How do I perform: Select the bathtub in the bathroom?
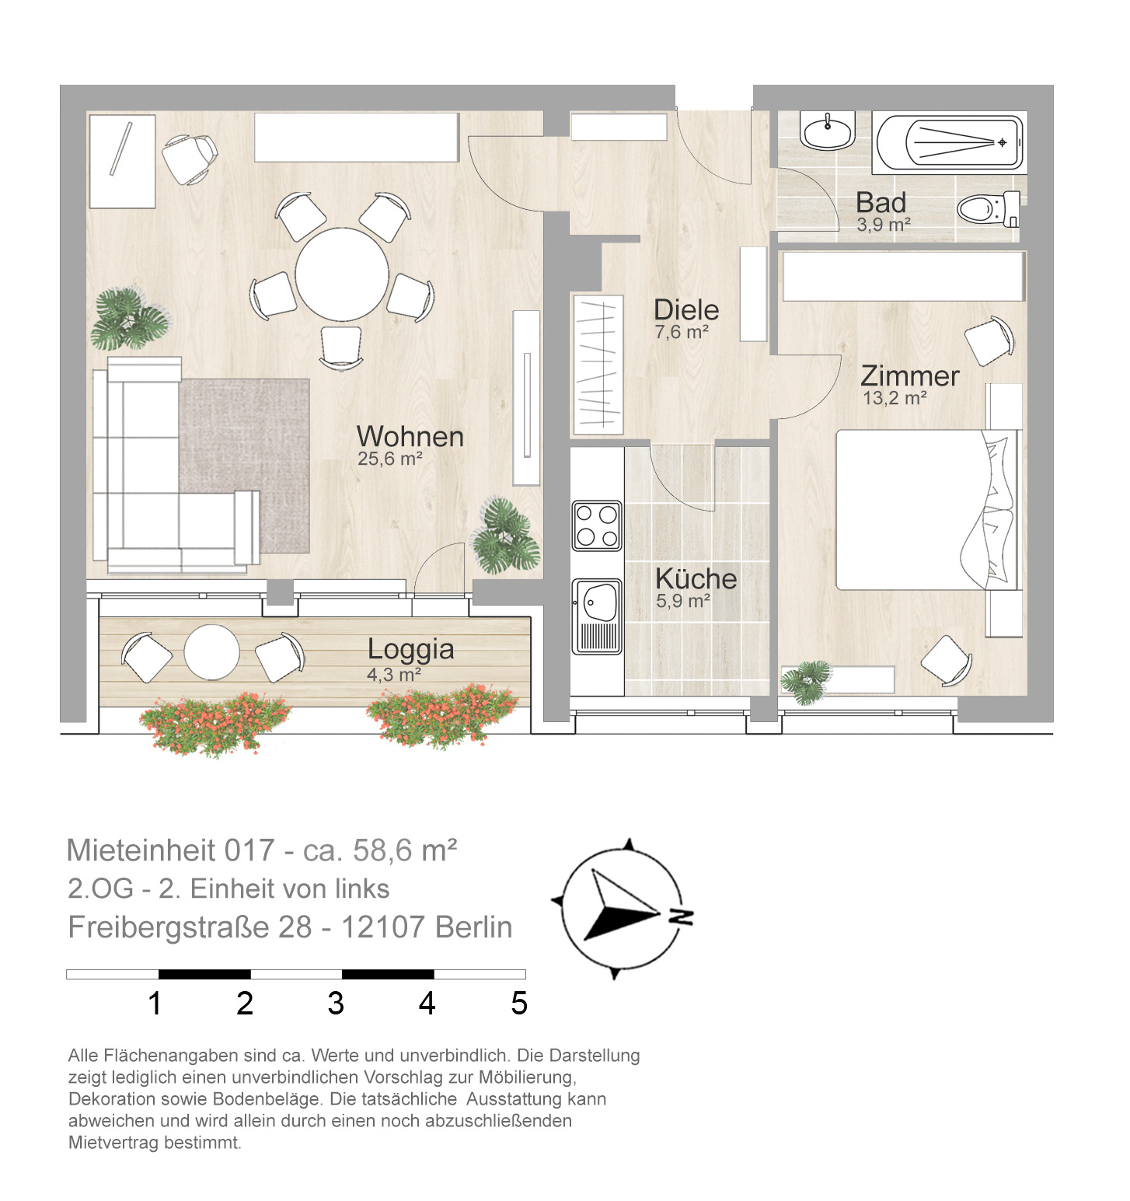click(x=949, y=142)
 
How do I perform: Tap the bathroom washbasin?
click(x=828, y=131)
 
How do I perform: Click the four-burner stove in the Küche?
click(x=597, y=525)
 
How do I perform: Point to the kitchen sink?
click(x=597, y=616)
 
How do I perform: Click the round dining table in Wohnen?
click(x=342, y=274)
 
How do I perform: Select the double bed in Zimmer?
click(x=927, y=510)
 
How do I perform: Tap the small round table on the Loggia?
click(x=211, y=652)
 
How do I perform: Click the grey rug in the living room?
click(x=245, y=465)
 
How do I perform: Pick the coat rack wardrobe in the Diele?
click(x=598, y=364)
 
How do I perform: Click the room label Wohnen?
click(x=410, y=437)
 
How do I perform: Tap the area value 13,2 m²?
click(x=895, y=399)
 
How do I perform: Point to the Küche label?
click(x=696, y=578)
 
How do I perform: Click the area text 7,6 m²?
click(x=682, y=333)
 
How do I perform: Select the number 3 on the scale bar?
click(x=336, y=1004)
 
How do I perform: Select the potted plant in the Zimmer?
click(x=806, y=682)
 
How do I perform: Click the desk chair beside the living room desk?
click(x=190, y=159)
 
